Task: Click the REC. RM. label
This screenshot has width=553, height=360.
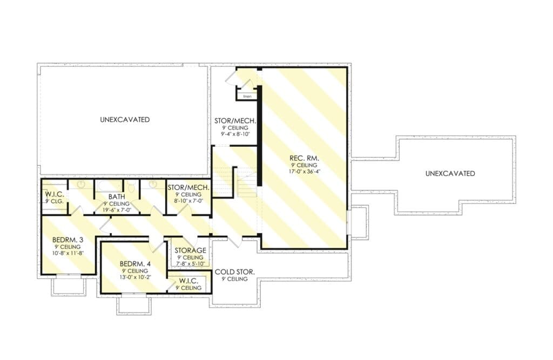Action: click(304, 158)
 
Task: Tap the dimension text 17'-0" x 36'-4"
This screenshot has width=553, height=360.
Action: click(304, 172)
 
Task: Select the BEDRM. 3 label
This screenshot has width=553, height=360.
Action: click(68, 240)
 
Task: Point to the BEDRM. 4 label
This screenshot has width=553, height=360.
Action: click(135, 264)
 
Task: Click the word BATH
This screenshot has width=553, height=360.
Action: click(117, 197)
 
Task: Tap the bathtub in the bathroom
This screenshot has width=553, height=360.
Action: click(109, 186)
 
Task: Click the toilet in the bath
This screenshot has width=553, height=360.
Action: click(131, 187)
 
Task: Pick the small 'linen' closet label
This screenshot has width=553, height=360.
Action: click(247, 96)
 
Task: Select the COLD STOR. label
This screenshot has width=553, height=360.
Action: click(234, 272)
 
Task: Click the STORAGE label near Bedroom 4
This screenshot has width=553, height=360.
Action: click(191, 250)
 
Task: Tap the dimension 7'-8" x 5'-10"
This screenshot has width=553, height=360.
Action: click(191, 264)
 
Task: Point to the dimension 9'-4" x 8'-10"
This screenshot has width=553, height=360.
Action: click(235, 134)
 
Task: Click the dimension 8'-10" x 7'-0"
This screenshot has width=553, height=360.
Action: click(188, 201)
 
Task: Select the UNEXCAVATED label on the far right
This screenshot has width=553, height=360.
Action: click(450, 173)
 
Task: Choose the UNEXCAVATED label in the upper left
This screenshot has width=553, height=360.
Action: click(125, 119)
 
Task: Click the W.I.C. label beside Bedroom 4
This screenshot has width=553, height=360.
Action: click(188, 281)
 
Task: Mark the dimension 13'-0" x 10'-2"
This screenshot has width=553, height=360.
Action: click(135, 277)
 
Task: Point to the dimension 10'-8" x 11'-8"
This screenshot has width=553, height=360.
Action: click(68, 253)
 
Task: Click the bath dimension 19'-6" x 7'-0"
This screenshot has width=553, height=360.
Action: click(117, 210)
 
